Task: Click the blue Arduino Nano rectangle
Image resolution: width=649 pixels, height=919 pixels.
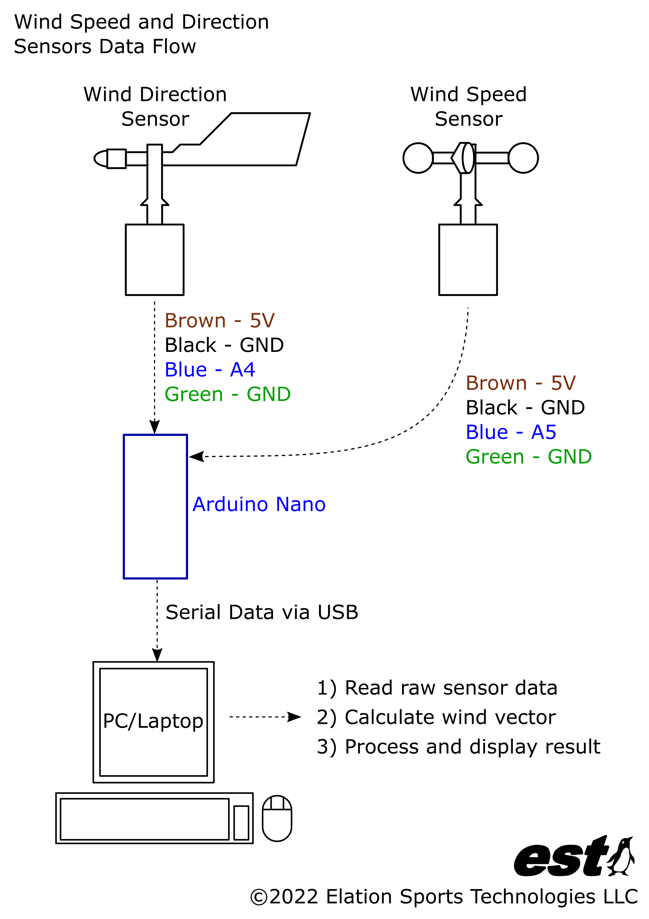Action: [x=155, y=506]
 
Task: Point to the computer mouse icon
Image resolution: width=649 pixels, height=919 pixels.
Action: [x=277, y=818]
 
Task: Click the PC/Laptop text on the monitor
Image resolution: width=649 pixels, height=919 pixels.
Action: [x=153, y=721]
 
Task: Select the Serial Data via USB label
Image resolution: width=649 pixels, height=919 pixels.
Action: [x=262, y=612]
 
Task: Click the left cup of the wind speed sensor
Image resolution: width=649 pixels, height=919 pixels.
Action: [x=418, y=158]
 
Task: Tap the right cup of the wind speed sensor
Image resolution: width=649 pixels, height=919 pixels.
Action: [x=523, y=158]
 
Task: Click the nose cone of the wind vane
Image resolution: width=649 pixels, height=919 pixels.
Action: [x=101, y=158]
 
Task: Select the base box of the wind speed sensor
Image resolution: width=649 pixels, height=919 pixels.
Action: [x=468, y=260]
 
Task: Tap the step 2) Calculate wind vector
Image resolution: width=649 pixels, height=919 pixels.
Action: [x=436, y=717]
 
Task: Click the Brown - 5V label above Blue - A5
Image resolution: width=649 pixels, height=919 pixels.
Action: [x=520, y=383]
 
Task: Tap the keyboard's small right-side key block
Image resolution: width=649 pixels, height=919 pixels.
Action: [x=241, y=823]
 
